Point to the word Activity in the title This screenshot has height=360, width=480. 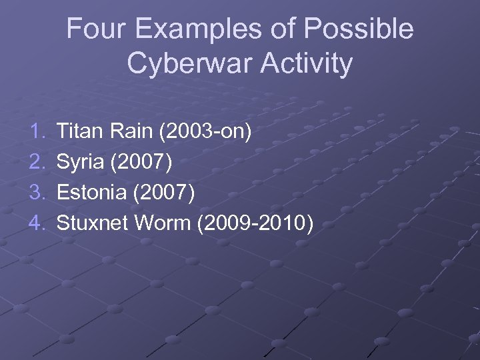[307, 64]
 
